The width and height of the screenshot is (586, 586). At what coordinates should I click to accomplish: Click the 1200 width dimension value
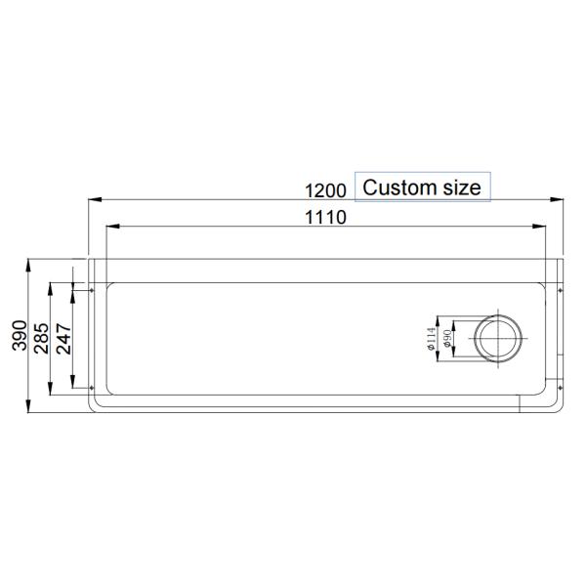(x=326, y=189)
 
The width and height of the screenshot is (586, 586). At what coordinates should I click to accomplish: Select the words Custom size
(x=422, y=188)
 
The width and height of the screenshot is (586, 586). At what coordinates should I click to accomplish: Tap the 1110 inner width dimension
(x=326, y=218)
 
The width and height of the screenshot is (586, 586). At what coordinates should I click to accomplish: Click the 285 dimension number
(x=43, y=339)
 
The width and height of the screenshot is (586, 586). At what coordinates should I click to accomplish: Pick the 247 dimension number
(x=64, y=339)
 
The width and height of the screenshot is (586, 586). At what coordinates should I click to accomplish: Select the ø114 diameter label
(x=430, y=339)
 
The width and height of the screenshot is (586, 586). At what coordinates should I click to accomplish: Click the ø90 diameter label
(x=446, y=339)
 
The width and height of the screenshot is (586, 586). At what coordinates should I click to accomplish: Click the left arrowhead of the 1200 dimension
(x=95, y=199)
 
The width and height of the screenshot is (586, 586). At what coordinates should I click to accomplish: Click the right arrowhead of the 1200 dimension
(x=560, y=199)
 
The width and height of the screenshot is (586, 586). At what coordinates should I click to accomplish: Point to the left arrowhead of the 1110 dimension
(x=111, y=228)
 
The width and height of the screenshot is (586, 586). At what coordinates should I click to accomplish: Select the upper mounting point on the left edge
(x=93, y=290)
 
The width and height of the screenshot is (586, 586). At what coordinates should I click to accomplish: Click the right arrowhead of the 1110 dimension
(x=543, y=228)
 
